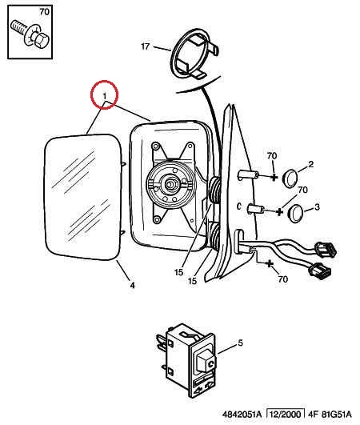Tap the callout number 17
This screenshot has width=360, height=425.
pos(145,46)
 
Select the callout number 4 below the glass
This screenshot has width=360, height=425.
pos(132,285)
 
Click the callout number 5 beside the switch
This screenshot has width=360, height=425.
pos(240,343)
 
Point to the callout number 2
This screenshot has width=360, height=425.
pos(310,164)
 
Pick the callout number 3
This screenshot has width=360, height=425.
pos(317,207)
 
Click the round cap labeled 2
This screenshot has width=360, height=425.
pos(290,178)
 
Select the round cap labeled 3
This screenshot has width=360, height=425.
pos(294,214)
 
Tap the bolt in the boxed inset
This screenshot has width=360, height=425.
pos(30,35)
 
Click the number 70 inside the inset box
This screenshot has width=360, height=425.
pos(44,12)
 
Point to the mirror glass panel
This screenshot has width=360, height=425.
pos(82,198)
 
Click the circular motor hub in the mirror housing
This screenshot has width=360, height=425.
pos(170,185)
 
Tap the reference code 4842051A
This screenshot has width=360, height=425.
pos(242,415)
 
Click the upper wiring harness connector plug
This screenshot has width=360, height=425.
pos(325,250)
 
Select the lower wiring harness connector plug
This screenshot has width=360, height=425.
pos(321,271)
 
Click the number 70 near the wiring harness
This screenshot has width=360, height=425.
pos(282,279)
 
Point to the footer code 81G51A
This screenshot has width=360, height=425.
pos(337,415)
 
